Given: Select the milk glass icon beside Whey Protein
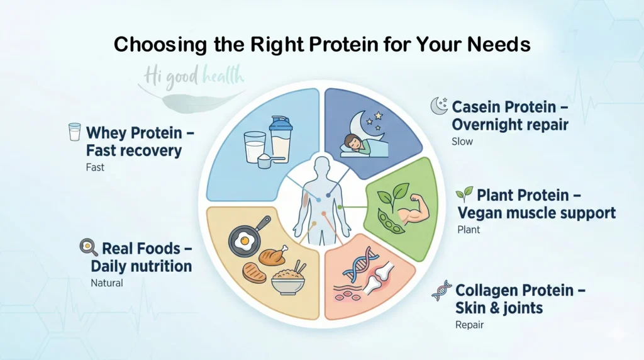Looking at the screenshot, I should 74,132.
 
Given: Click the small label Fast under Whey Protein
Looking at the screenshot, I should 95,168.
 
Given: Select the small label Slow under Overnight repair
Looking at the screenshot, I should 462,142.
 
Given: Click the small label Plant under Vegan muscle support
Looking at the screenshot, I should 469,230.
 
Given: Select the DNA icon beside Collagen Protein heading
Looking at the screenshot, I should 441,291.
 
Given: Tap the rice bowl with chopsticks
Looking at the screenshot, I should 287,278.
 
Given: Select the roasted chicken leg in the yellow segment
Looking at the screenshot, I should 273,256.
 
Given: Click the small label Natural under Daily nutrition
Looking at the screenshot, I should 107,283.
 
